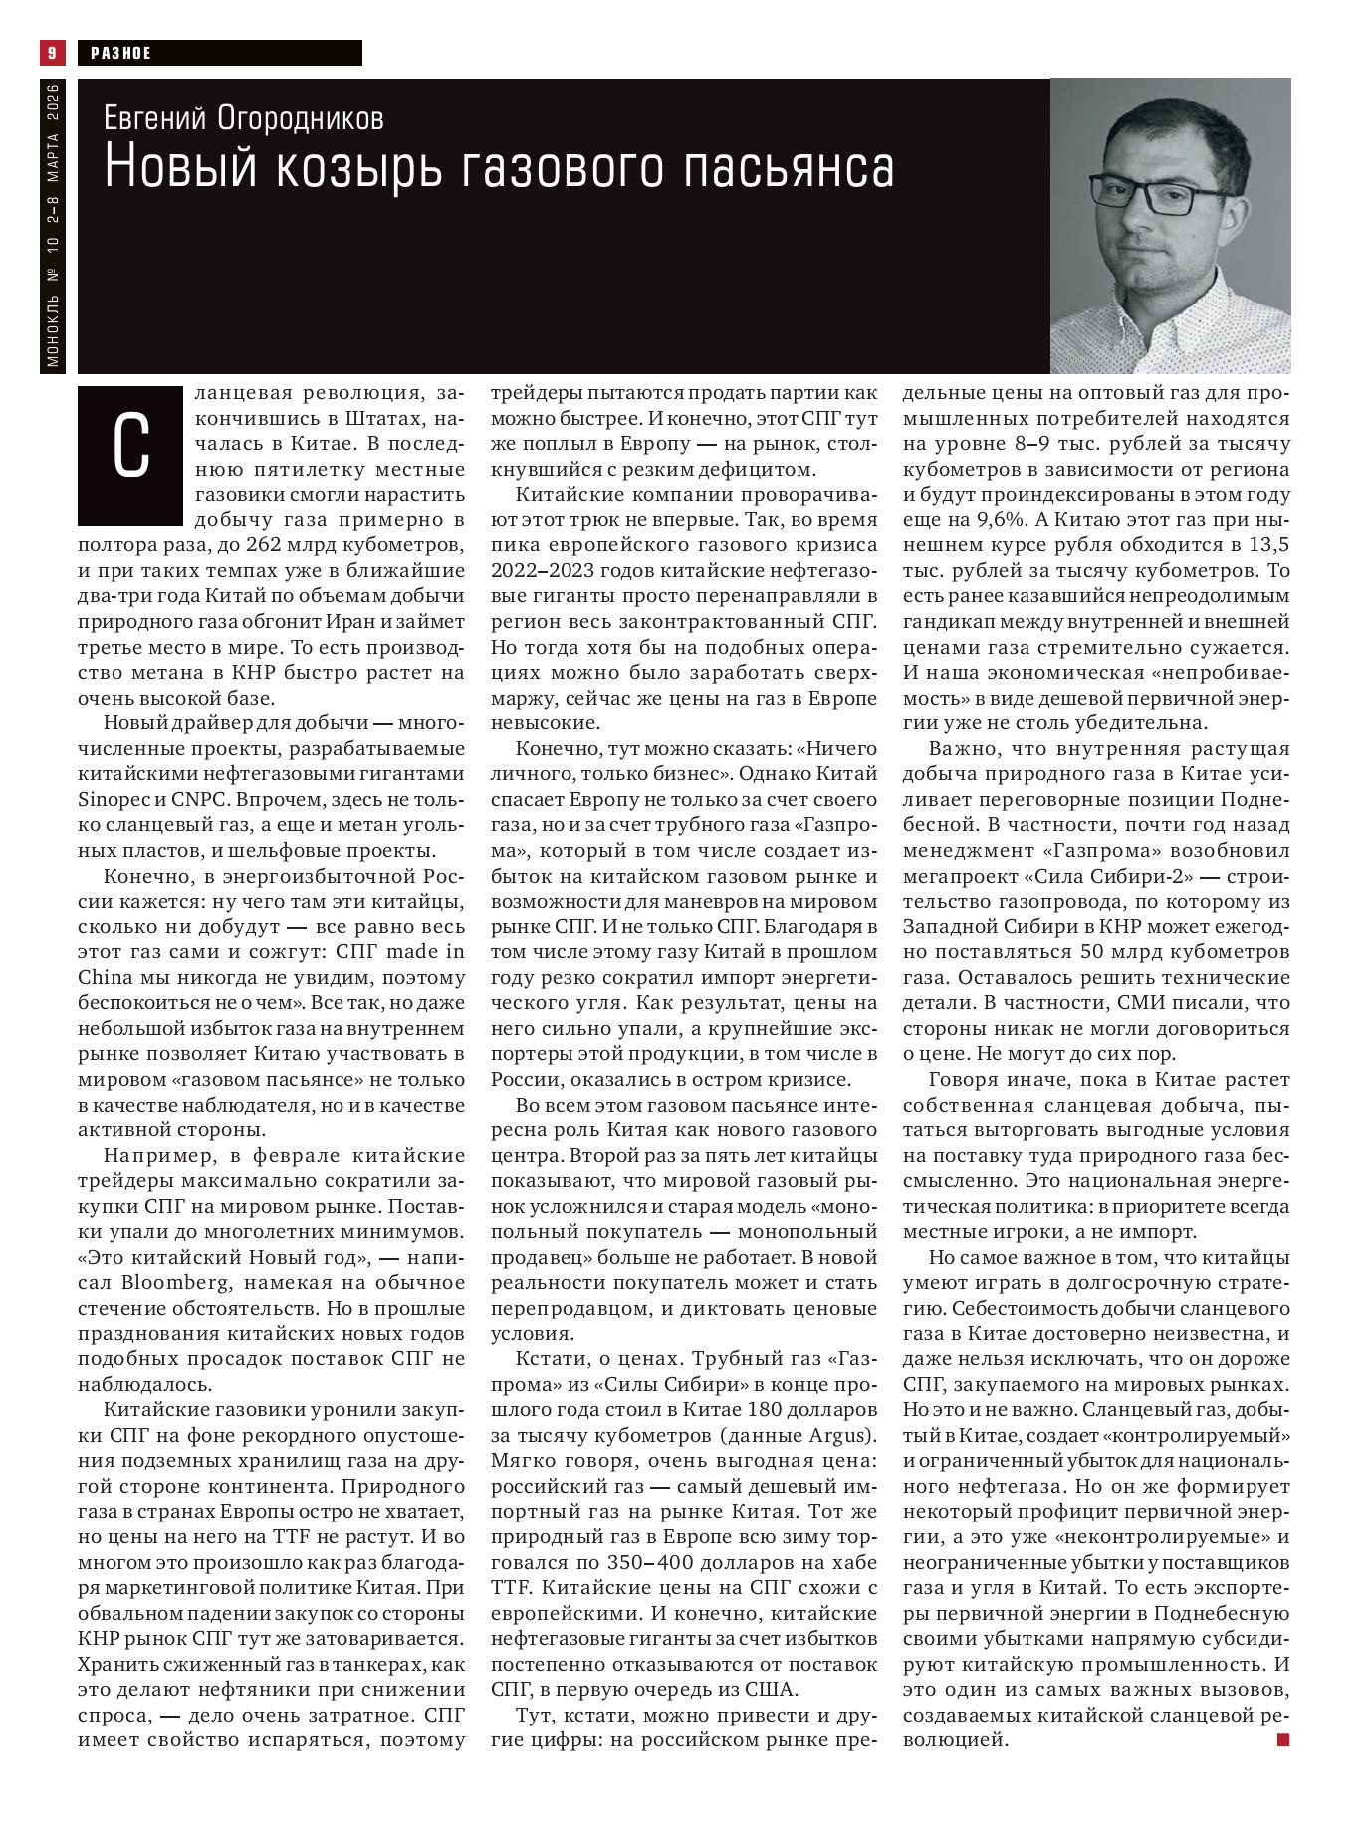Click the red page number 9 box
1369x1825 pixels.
pyautogui.click(x=52, y=52)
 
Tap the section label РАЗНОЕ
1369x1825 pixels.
pyautogui.click(x=120, y=53)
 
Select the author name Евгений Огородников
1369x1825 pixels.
pyautogui.click(x=243, y=118)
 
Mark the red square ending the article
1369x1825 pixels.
pyautogui.click(x=1283, y=1739)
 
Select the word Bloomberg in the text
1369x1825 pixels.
pyautogui.click(x=175, y=1282)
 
